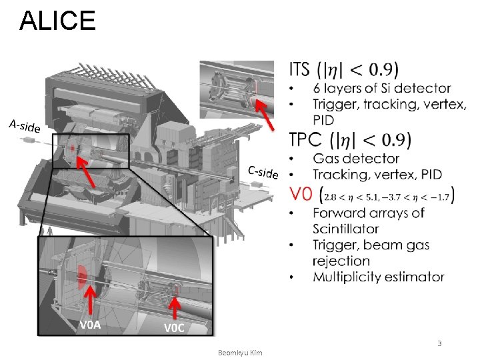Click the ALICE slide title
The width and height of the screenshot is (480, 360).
[x=58, y=21]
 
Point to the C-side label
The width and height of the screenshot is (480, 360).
[x=263, y=171]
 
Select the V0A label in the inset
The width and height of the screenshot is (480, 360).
[x=90, y=325]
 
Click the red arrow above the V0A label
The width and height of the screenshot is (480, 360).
[x=89, y=303]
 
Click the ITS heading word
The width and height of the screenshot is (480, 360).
[x=300, y=69]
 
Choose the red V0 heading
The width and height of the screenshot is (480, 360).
[x=301, y=194]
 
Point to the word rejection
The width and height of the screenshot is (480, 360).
[x=341, y=261]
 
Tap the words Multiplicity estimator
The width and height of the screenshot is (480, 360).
[x=379, y=277]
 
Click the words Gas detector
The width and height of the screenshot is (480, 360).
[x=356, y=159]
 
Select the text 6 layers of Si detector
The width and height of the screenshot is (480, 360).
[x=381, y=88]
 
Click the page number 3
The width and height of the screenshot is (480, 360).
[x=439, y=343]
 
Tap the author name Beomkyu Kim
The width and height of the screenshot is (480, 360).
[x=240, y=351]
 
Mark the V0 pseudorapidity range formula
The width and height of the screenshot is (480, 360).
[x=388, y=195]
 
